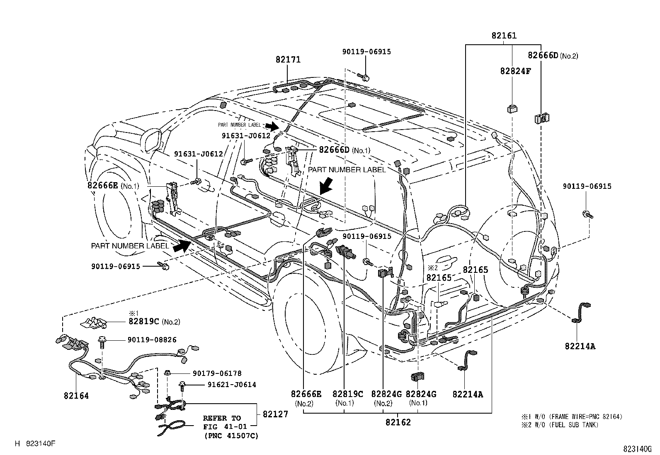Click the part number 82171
[288, 60]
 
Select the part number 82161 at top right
[504, 36]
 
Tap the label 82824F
[515, 71]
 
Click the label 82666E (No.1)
[113, 185]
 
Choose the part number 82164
[76, 396]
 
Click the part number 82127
[275, 414]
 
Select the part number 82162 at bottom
[398, 422]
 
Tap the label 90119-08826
[152, 340]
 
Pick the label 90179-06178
[216, 373]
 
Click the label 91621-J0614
[231, 385]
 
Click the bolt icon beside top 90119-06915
[364, 77]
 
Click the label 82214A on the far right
[580, 346]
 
